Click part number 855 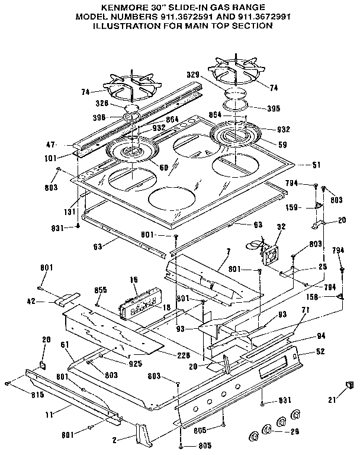[x=101, y=290]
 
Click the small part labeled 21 [x=349, y=386]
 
